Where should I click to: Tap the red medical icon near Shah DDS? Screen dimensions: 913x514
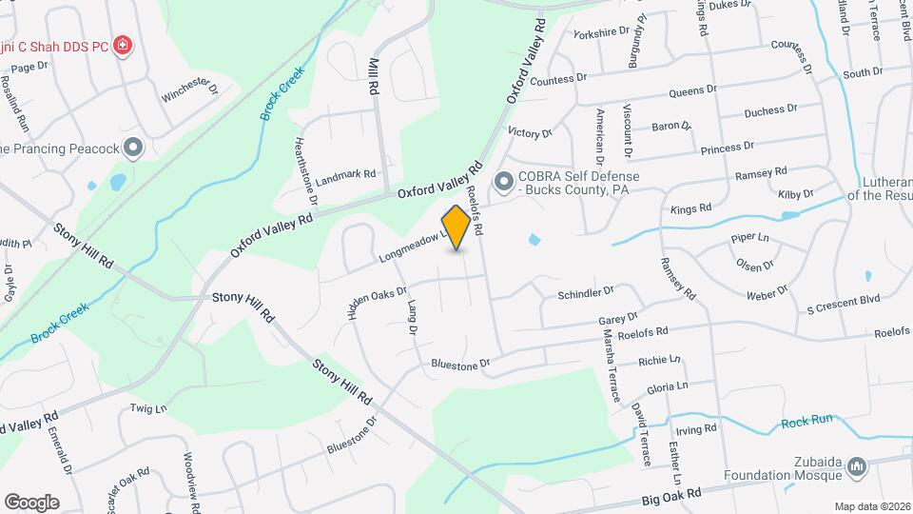[122, 46]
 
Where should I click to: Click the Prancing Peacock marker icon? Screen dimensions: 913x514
[133, 148]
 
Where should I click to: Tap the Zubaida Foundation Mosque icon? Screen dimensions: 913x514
[856, 466]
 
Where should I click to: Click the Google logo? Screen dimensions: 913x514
[31, 502]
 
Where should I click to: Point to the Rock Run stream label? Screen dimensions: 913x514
[806, 424]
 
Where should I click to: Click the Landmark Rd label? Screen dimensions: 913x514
[346, 175]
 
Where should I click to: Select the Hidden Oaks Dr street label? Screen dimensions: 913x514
[377, 303]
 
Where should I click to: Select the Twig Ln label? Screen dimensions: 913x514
[148, 408]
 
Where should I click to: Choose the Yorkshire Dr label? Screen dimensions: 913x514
[602, 32]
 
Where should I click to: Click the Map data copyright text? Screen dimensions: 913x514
[872, 506]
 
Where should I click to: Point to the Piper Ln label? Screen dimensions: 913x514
[748, 237]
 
